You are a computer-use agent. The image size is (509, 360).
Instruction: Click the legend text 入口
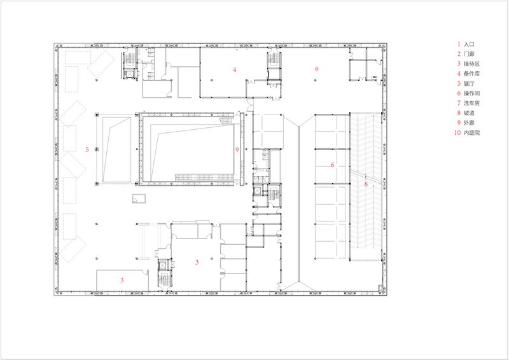tap(469, 45)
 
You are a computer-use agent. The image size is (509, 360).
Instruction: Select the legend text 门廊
tap(469, 54)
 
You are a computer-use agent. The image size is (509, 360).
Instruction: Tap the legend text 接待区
tap(471, 64)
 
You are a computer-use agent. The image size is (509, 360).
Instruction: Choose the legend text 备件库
tap(471, 74)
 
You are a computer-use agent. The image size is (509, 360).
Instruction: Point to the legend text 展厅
tap(469, 83)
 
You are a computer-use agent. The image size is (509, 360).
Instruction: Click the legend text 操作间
tap(471, 93)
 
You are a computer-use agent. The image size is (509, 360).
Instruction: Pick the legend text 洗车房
tap(471, 103)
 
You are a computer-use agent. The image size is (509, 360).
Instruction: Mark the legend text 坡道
tap(469, 113)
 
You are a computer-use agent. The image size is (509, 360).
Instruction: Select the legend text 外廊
tap(469, 123)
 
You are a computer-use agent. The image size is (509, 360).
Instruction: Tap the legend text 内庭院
tap(471, 132)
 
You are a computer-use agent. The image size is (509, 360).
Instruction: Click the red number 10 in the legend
tap(457, 132)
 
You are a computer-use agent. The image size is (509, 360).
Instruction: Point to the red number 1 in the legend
tap(459, 45)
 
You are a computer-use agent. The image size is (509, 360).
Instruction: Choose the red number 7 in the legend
tap(459, 103)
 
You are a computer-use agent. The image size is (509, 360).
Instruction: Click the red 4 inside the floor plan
tap(234, 69)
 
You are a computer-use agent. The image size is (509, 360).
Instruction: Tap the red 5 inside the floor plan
tap(87, 149)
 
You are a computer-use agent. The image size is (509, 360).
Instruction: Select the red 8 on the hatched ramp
tap(366, 184)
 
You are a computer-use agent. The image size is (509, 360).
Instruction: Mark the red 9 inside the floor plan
tap(237, 149)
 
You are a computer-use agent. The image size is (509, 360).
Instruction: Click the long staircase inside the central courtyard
tap(204, 177)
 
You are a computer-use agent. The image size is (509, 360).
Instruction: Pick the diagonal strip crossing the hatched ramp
tap(365, 177)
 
